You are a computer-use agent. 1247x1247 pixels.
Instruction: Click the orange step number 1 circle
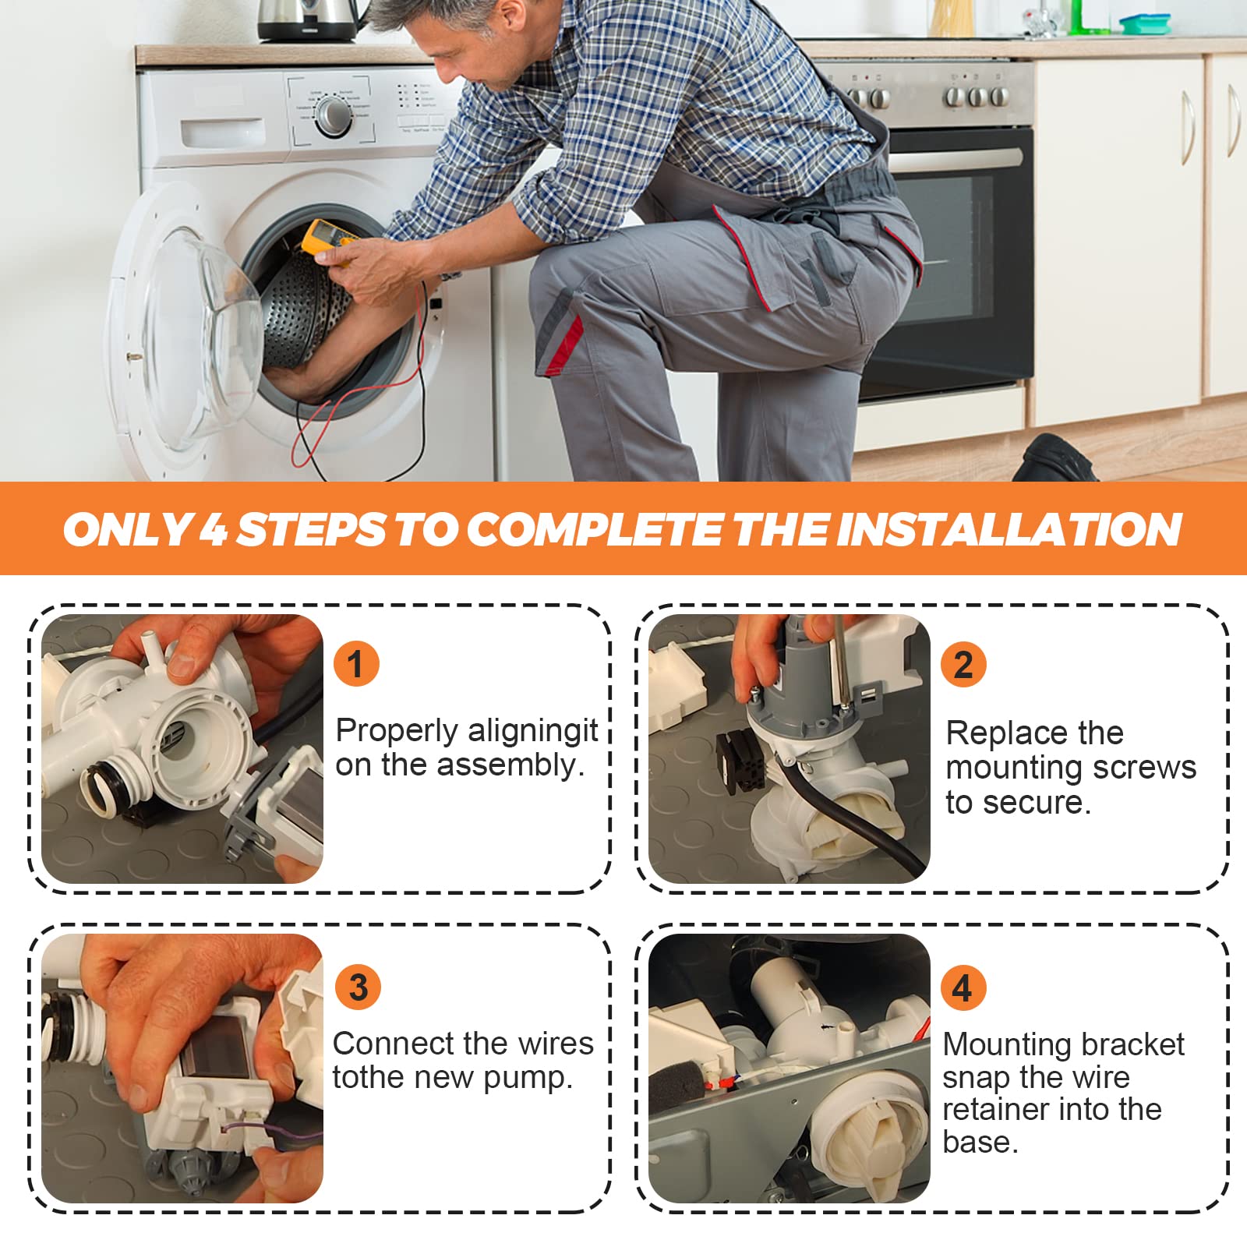pyautogui.click(x=356, y=664)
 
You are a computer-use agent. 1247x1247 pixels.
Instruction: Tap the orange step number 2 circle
pyautogui.click(x=963, y=664)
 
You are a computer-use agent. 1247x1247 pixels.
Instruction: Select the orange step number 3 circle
pyautogui.click(x=358, y=987)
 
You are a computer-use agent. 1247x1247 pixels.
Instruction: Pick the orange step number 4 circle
pyautogui.click(x=963, y=987)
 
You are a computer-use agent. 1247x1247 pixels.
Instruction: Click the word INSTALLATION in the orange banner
pyautogui.click(x=1009, y=529)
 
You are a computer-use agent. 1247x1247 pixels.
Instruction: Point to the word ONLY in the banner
pyautogui.click(x=127, y=529)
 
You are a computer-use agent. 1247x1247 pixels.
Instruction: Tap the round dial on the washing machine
pyautogui.click(x=334, y=115)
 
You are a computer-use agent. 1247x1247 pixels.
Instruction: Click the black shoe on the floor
pyautogui.click(x=1055, y=459)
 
